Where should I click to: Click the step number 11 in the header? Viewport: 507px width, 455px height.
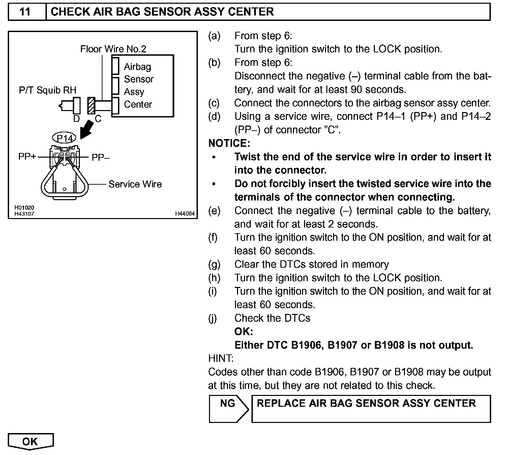tap(25, 12)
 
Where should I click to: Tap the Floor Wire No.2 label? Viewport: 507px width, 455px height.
tap(113, 49)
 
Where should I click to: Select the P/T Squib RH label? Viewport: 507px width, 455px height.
tap(48, 90)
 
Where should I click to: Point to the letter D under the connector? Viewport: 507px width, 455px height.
tap(77, 119)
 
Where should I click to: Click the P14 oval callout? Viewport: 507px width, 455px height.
tap(64, 138)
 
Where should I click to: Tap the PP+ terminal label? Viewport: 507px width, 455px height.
tap(27, 157)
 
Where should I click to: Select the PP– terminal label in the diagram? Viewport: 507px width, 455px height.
tap(100, 157)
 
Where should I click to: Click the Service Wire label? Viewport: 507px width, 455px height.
tap(135, 184)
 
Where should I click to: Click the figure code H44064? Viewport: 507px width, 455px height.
tap(185, 214)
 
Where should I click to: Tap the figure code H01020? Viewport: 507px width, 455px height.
tap(24, 208)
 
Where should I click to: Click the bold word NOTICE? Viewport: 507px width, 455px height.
tap(229, 143)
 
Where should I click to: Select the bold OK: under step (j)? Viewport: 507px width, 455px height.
tap(243, 331)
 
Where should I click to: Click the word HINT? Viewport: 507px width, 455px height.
tap(221, 358)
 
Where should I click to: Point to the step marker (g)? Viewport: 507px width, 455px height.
tap(214, 264)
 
